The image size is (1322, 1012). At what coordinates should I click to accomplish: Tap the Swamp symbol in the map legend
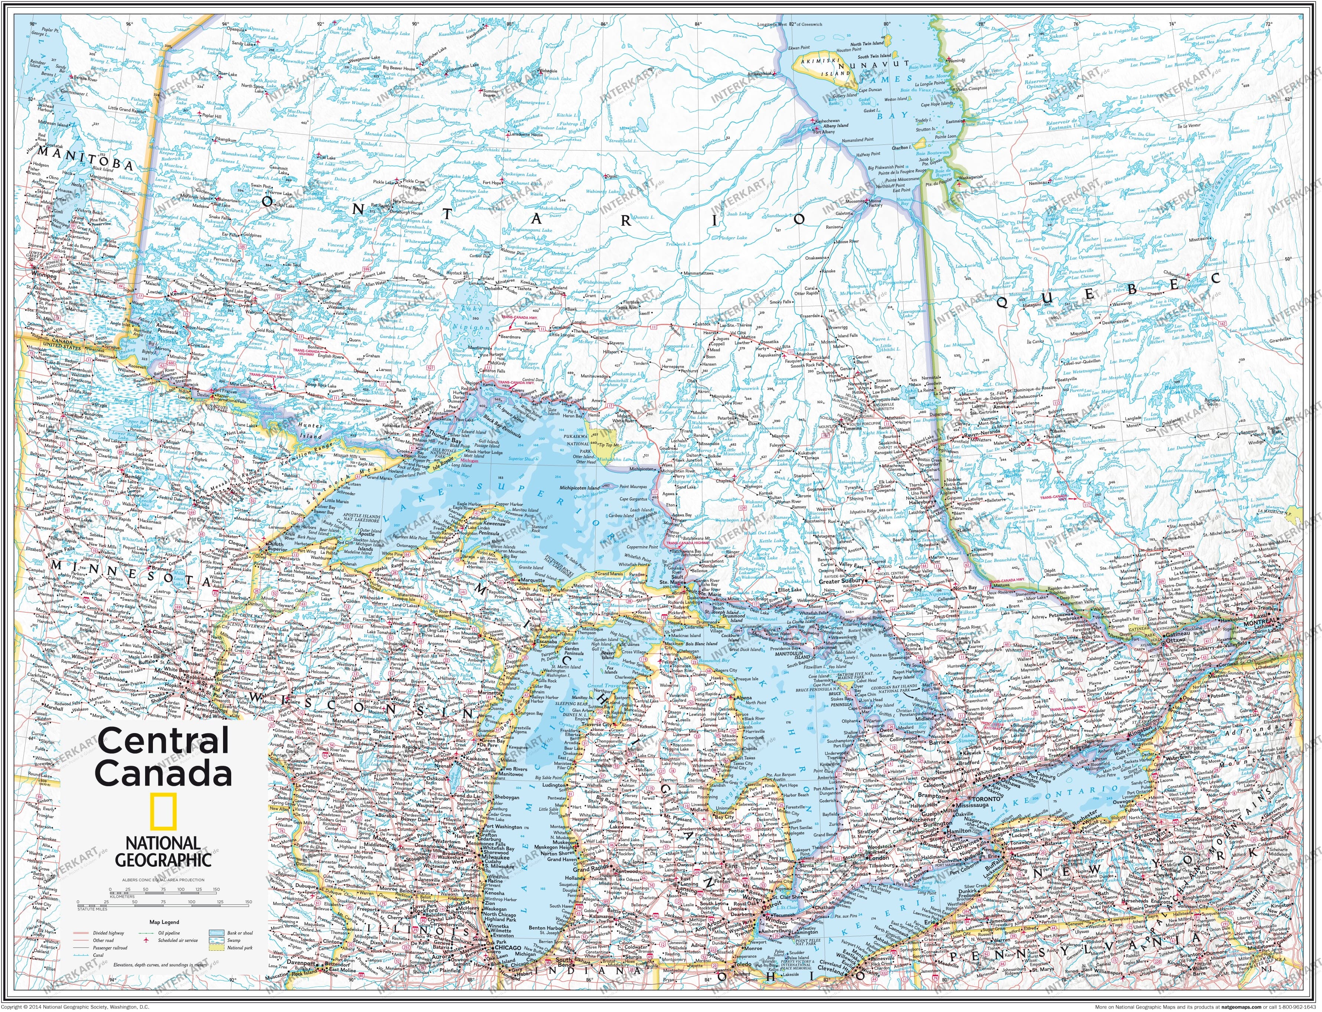tap(217, 940)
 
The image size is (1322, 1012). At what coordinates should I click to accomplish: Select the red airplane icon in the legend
tap(146, 940)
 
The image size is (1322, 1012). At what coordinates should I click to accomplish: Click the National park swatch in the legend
tap(217, 947)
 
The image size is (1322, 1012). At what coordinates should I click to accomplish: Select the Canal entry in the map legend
tap(98, 956)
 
